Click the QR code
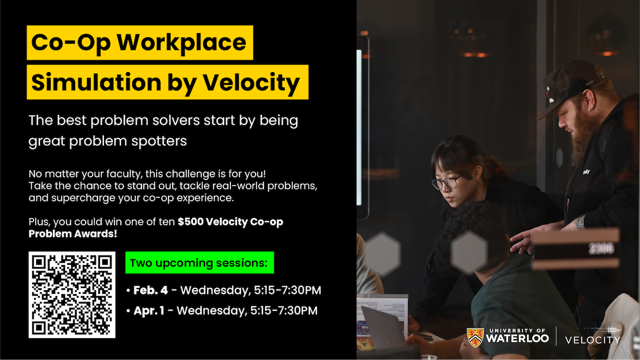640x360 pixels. (x=72, y=294)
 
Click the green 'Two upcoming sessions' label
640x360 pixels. (x=199, y=263)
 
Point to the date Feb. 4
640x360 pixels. (x=150, y=291)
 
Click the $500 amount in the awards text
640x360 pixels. (x=188, y=222)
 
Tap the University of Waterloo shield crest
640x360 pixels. (x=475, y=337)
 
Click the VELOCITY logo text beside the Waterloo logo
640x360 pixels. (x=593, y=340)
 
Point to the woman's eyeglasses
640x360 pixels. (x=447, y=183)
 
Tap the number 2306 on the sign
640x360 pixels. (x=601, y=248)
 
